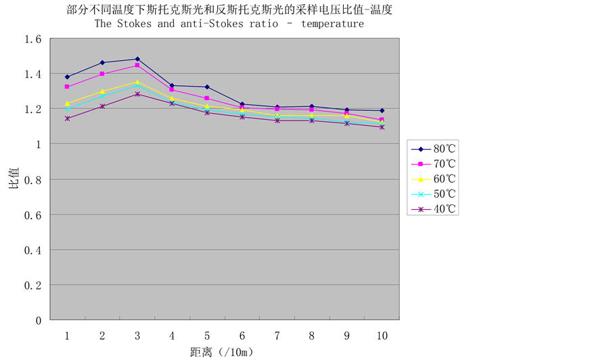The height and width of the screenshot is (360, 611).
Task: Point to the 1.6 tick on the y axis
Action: tap(33, 39)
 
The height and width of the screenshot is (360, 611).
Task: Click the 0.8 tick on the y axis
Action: tap(33, 180)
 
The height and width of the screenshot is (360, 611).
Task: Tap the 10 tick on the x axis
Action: tap(382, 336)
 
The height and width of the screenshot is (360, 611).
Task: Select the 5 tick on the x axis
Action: tap(207, 336)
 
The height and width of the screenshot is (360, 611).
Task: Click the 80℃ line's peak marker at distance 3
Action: tap(137, 60)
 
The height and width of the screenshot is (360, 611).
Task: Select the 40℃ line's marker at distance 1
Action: tap(67, 118)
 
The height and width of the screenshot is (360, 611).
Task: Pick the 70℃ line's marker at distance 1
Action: tap(67, 87)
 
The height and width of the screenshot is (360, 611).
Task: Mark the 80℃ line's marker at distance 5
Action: tap(207, 87)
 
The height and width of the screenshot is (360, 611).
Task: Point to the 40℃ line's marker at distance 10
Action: tap(382, 127)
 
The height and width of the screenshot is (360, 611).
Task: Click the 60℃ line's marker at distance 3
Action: tap(137, 83)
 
